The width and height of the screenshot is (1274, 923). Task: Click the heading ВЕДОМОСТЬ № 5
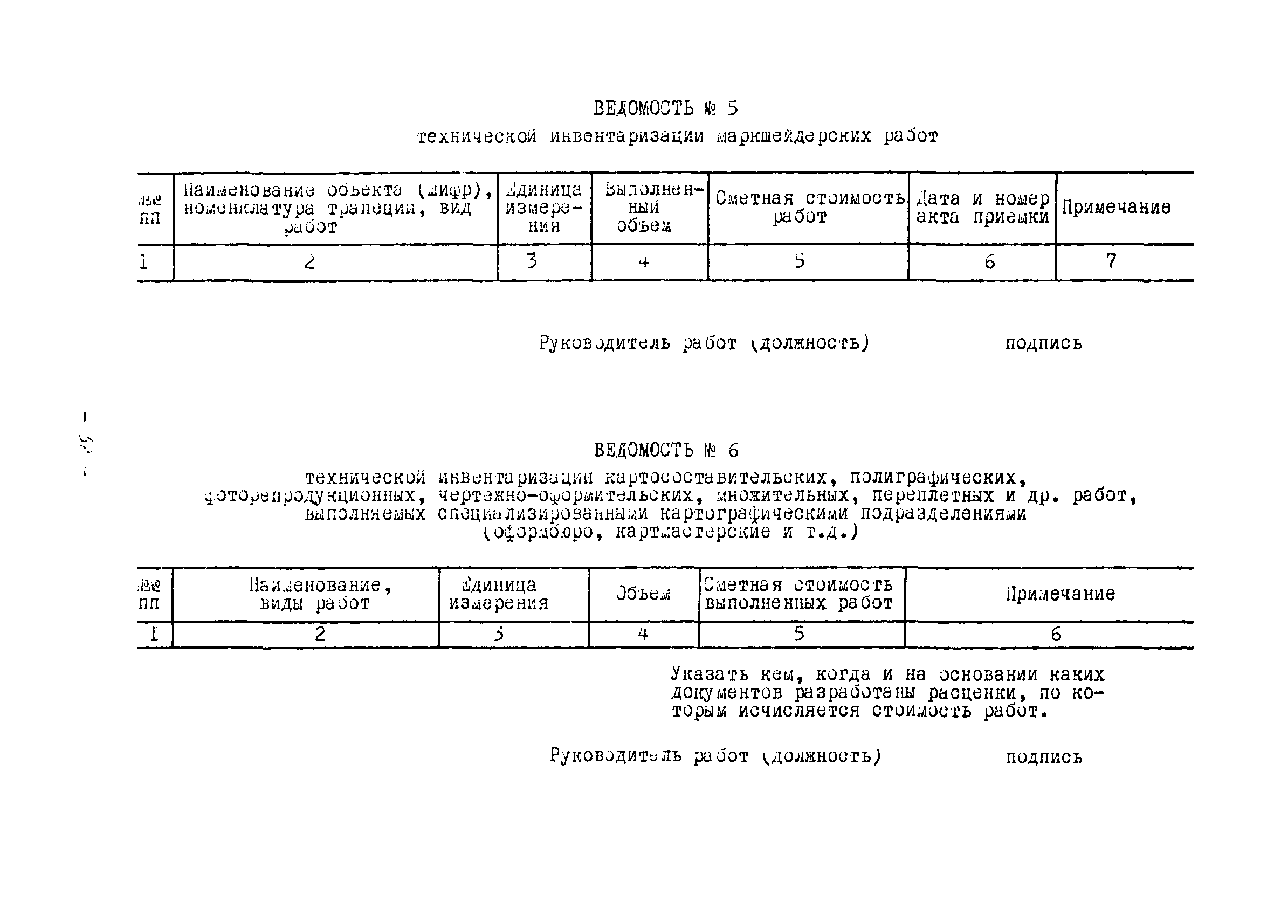666,108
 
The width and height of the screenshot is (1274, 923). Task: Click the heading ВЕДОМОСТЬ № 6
666,450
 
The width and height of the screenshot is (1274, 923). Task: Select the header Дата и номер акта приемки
982,208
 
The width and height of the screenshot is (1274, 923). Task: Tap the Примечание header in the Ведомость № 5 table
1116,208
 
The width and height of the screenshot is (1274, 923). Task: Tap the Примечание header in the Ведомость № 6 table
1060,594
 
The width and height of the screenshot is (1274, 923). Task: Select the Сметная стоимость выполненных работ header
799,594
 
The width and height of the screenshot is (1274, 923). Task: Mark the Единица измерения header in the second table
498,594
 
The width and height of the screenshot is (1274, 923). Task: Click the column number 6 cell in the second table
1056,635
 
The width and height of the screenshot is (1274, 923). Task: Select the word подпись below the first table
1043,343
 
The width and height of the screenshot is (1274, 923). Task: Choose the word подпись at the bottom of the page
1044,757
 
